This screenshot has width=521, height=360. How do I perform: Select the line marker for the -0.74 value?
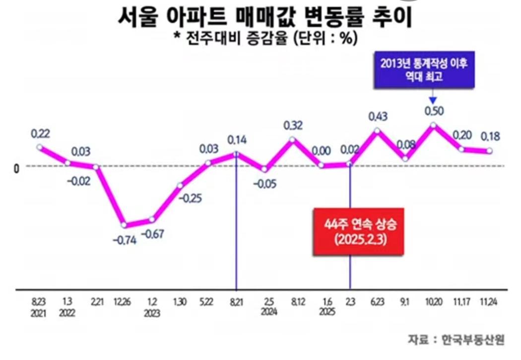[125, 225]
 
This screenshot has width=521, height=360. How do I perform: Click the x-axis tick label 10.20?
[433, 302]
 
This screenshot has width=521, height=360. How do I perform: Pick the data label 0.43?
[378, 117]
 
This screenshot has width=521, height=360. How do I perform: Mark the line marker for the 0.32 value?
[293, 139]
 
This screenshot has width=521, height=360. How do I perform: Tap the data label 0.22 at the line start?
[41, 133]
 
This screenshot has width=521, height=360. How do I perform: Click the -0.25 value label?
[190, 198]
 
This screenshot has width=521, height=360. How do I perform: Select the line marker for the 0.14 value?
[236, 153]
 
